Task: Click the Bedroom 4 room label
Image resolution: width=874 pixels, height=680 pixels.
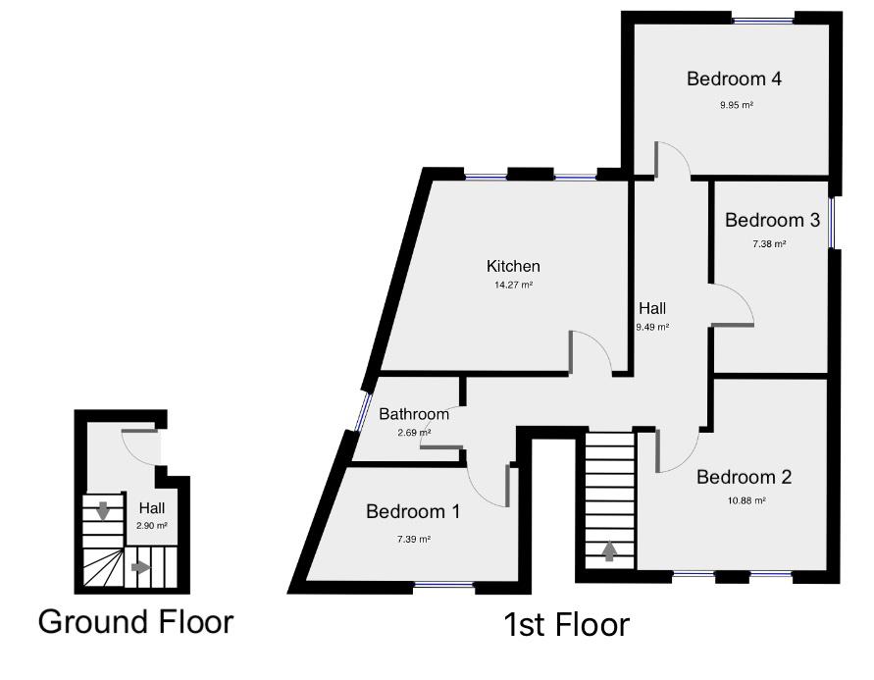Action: point(734,78)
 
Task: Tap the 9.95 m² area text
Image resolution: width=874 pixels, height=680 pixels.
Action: point(737,104)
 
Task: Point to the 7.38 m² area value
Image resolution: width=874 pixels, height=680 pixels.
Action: point(769,244)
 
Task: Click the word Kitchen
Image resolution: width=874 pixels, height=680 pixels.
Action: point(513,266)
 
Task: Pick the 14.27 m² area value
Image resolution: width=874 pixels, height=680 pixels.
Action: point(513,286)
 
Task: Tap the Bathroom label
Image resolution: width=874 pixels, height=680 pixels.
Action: point(414,414)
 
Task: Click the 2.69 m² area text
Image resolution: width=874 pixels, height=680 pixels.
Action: point(413,432)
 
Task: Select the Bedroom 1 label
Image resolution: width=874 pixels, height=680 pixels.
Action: point(412,511)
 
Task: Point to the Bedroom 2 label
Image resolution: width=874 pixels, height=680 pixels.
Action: point(744,478)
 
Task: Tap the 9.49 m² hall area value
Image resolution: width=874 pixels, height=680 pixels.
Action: point(652,328)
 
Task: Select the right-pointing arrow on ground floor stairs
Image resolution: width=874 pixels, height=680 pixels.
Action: point(141,567)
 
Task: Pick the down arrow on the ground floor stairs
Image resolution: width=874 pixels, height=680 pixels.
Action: point(102,510)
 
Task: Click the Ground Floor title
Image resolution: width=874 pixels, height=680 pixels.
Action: point(135,621)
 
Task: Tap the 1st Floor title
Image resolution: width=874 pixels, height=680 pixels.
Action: point(566,624)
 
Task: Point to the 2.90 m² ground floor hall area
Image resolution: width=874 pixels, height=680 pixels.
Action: point(153,526)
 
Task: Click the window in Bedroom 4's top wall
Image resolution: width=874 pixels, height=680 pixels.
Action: point(763,19)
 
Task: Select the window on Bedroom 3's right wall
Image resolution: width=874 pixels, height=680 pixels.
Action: point(833,223)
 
